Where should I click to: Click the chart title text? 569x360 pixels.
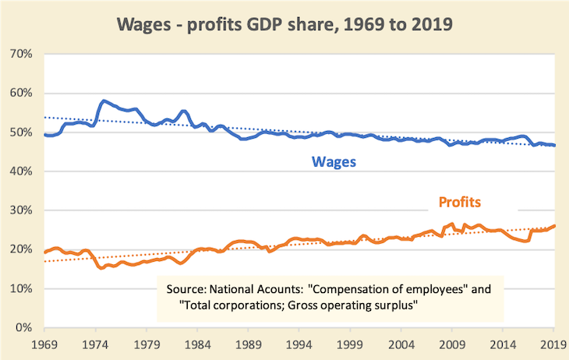point(284,23)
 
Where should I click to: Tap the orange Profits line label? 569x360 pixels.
point(455,203)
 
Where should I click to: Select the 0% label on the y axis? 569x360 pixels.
point(22,327)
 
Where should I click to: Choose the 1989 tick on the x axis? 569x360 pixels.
point(249,344)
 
